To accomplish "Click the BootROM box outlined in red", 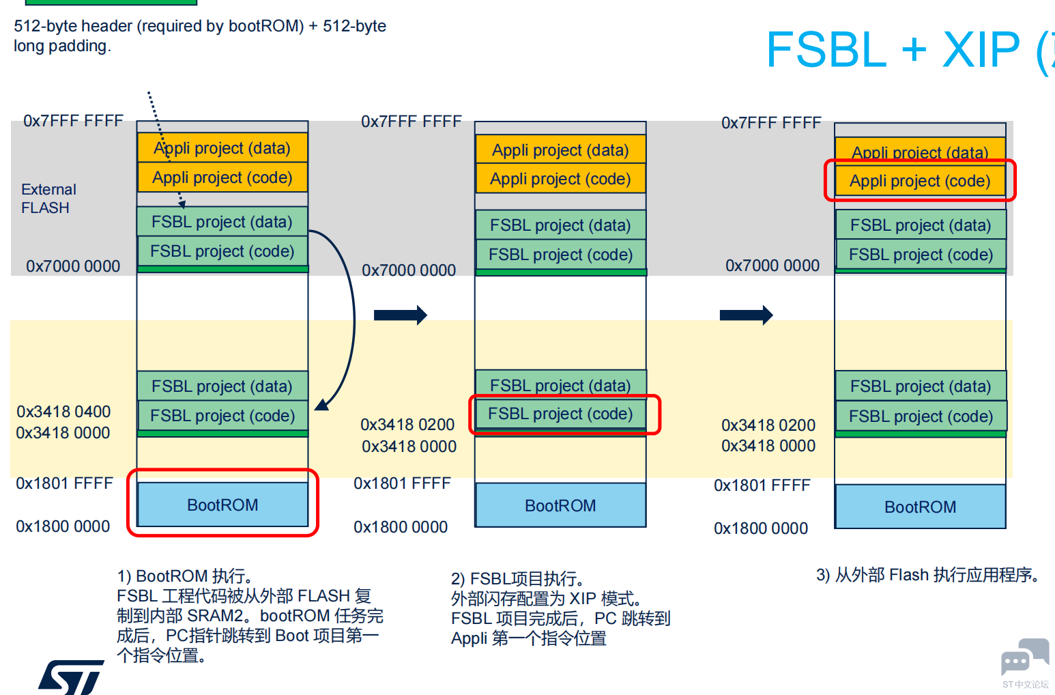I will click(222, 504).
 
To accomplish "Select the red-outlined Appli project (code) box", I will click(919, 181).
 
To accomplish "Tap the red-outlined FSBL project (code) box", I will click(560, 414).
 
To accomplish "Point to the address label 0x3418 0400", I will click(63, 412).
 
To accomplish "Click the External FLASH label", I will click(48, 199).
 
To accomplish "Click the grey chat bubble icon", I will click(1024, 656).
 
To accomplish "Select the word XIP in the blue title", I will click(981, 50).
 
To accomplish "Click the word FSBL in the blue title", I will click(826, 50).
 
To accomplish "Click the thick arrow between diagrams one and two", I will click(400, 315).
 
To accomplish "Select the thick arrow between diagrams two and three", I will click(746, 315).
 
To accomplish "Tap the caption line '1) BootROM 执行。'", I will click(185, 576).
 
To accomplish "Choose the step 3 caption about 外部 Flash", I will click(927, 575).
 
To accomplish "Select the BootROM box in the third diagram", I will click(920, 507).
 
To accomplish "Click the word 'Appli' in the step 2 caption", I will click(469, 638).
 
